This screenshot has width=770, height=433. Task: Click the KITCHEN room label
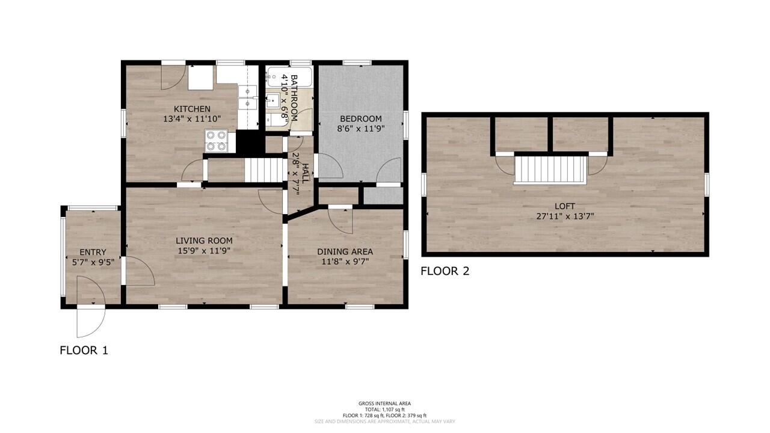192,109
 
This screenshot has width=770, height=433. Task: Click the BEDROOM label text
360,118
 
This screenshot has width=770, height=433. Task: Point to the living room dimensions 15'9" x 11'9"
204,250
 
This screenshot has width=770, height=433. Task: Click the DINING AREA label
345,251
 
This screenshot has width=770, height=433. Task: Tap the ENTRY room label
93,252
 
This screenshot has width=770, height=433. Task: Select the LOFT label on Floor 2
565,206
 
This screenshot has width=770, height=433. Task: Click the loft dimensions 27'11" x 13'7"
565,216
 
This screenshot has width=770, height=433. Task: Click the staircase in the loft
550,168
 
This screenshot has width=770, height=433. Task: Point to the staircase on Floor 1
263,170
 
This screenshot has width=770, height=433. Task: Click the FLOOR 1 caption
84,350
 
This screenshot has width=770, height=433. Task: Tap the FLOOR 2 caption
445,271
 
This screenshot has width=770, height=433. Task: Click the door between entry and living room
138,271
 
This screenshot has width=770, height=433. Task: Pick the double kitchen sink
247,98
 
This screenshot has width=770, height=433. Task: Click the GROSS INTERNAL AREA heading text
384,404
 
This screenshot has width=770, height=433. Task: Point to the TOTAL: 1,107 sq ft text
384,410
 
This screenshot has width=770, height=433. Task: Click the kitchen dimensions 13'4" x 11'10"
192,119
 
